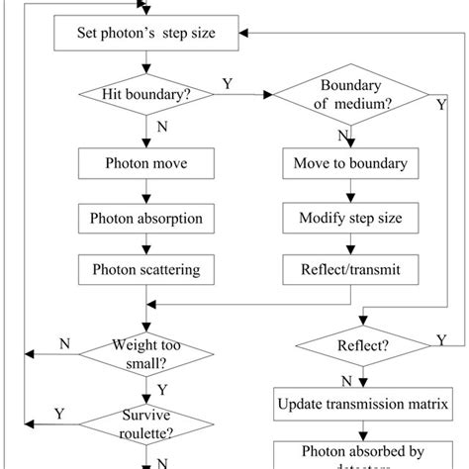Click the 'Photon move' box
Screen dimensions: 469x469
point(145,162)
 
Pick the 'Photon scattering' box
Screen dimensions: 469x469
point(145,268)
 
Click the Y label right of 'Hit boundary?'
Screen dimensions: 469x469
point(228,85)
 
